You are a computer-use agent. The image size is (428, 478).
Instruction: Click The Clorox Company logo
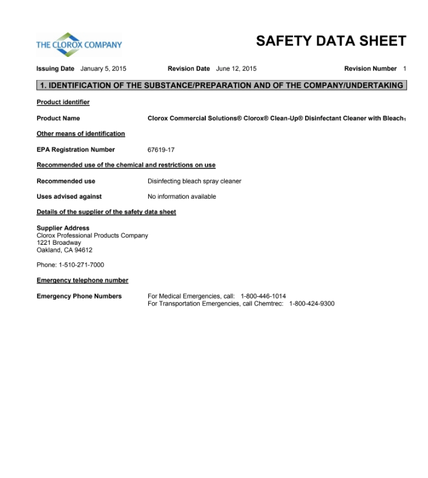(x=79, y=44)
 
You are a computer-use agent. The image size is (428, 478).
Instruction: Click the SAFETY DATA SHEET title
(x=331, y=41)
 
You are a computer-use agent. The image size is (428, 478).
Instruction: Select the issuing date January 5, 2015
(x=103, y=69)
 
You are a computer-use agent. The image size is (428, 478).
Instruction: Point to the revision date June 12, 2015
(x=236, y=69)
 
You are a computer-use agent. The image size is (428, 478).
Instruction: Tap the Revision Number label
(x=370, y=69)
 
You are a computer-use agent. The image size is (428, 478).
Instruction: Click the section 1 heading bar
(x=221, y=85)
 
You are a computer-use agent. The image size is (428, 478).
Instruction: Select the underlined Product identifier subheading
(x=63, y=102)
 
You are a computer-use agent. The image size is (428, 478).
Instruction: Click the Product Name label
(x=58, y=118)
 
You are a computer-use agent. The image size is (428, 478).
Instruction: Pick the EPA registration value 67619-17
(x=161, y=150)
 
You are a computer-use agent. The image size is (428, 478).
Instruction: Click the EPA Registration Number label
(x=76, y=150)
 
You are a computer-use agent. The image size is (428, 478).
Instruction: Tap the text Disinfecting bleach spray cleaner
(x=194, y=181)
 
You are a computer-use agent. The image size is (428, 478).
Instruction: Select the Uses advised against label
(x=69, y=196)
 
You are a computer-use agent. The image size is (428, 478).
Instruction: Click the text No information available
(x=182, y=196)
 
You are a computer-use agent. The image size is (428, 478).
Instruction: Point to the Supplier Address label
(x=63, y=228)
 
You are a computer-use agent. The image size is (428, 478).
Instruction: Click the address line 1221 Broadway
(x=59, y=243)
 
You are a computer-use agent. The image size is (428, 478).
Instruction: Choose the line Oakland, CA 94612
(x=65, y=250)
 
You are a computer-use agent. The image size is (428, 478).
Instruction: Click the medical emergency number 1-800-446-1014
(x=263, y=296)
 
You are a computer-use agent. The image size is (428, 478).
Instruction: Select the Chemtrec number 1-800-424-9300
(x=311, y=304)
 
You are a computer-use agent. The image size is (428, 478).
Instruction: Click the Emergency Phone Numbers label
(x=79, y=296)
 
